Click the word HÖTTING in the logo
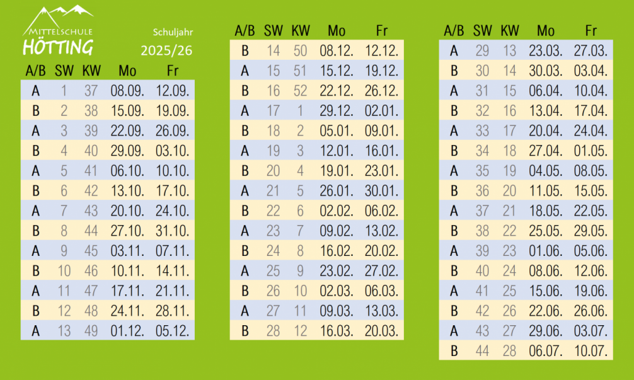(x=57, y=47)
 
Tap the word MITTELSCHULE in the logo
(x=59, y=31)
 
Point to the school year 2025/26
(x=167, y=50)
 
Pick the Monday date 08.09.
(x=127, y=91)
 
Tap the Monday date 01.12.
(x=127, y=331)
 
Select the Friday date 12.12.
(x=381, y=50)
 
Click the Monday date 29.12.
(x=337, y=110)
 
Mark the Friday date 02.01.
(x=381, y=110)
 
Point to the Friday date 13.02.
(x=381, y=231)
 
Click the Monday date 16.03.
(x=337, y=331)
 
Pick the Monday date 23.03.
(x=546, y=50)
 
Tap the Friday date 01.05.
(x=591, y=151)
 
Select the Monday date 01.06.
(x=546, y=251)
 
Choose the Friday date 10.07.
(x=591, y=351)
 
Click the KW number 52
(x=301, y=91)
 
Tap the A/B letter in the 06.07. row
(x=454, y=351)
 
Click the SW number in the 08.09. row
(x=64, y=91)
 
